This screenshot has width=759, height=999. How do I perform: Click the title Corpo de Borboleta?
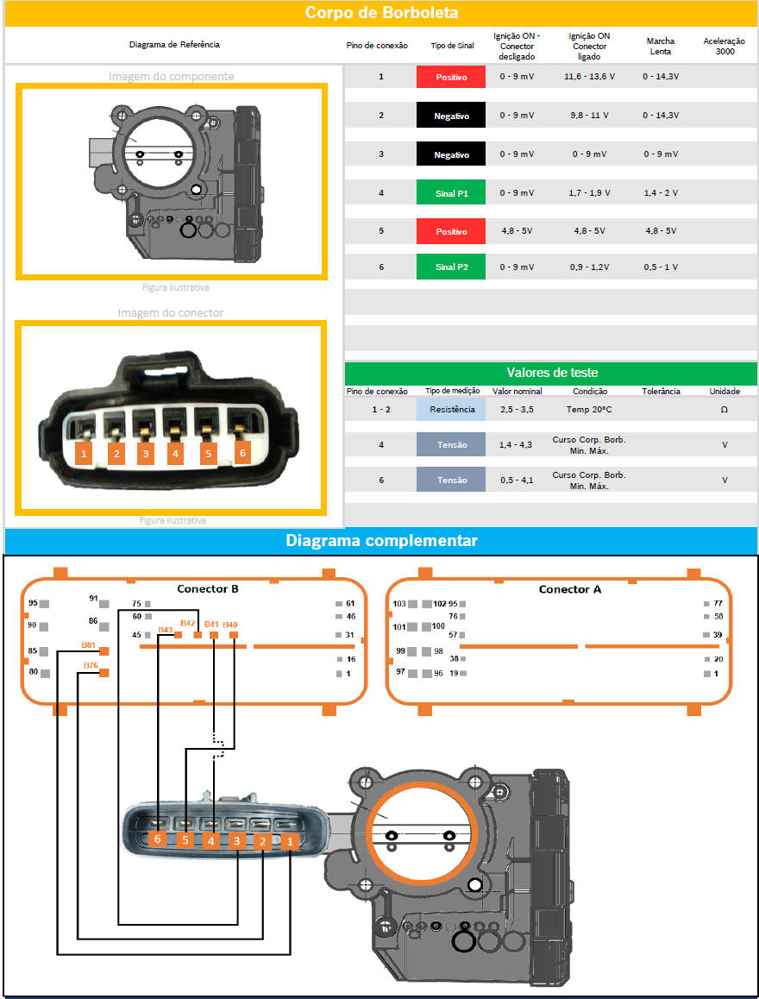[x=381, y=13]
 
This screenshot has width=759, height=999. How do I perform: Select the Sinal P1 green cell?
[x=451, y=193]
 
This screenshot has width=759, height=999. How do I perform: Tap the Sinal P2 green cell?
[x=451, y=267]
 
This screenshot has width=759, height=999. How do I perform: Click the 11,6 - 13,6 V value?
[x=589, y=77]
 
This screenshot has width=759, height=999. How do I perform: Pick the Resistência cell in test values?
[x=451, y=410]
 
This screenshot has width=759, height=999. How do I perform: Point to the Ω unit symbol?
[x=724, y=410]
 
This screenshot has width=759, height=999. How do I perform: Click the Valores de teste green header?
[x=550, y=373]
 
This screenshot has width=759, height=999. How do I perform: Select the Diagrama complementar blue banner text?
[x=381, y=541]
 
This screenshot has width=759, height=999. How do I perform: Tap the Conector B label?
[x=208, y=589]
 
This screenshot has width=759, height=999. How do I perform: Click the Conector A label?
[x=570, y=589]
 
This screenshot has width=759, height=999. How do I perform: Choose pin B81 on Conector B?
[x=104, y=650]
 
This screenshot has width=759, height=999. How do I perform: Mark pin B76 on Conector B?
[x=104, y=673]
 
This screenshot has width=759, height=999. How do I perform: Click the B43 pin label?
[x=166, y=629]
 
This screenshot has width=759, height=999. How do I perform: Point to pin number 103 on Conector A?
[x=399, y=604]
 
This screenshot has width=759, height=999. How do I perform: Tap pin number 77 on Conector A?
[x=718, y=604]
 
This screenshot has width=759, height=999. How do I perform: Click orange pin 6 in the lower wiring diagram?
[x=157, y=839]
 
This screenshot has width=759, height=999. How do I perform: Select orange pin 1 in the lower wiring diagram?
[x=291, y=839]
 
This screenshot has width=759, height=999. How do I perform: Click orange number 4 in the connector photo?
[x=175, y=453]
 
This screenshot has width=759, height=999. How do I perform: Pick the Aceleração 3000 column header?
[x=725, y=46]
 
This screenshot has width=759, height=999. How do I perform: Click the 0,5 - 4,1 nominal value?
[x=517, y=480]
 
